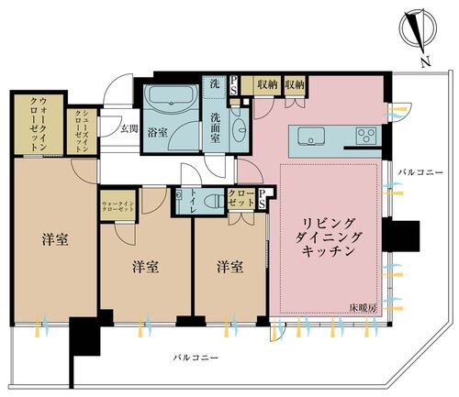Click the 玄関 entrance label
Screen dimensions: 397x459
129,128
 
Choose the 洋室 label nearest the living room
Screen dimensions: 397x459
229,266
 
